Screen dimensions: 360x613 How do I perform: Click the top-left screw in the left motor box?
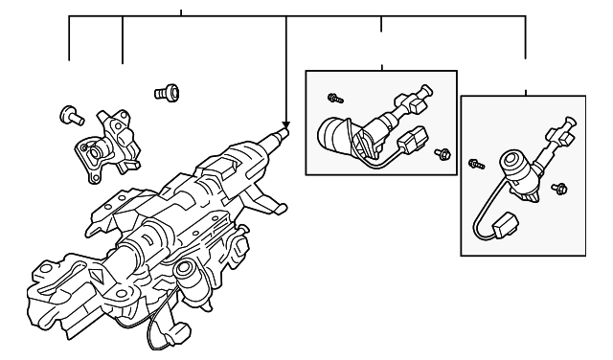pyautogui.click(x=334, y=98)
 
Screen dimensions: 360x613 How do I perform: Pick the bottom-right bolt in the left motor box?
pyautogui.click(x=443, y=153)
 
